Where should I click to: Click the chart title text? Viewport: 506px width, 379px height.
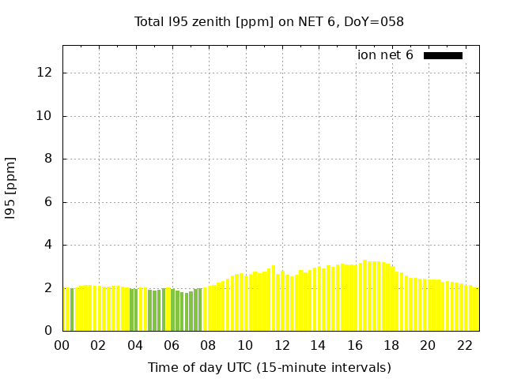tap(269, 21)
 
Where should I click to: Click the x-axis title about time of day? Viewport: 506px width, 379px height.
tap(269, 367)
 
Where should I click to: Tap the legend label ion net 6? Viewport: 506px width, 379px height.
tap(385, 55)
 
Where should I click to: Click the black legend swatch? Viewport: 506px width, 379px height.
tap(443, 55)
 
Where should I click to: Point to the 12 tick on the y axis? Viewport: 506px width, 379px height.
tap(45, 73)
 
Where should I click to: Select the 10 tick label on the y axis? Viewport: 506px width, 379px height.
tap(45, 116)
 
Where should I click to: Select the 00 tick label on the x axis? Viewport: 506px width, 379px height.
tap(62, 345)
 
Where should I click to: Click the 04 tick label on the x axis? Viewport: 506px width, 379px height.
tap(135, 345)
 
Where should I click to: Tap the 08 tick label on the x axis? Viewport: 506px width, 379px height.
tap(209, 345)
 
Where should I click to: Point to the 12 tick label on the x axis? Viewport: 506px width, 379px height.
tap(281, 345)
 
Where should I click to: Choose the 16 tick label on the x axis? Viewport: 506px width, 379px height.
tap(354, 345)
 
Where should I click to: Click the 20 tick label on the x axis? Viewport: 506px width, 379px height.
tap(428, 345)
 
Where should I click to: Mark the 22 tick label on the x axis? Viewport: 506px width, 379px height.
tap(464, 345)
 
